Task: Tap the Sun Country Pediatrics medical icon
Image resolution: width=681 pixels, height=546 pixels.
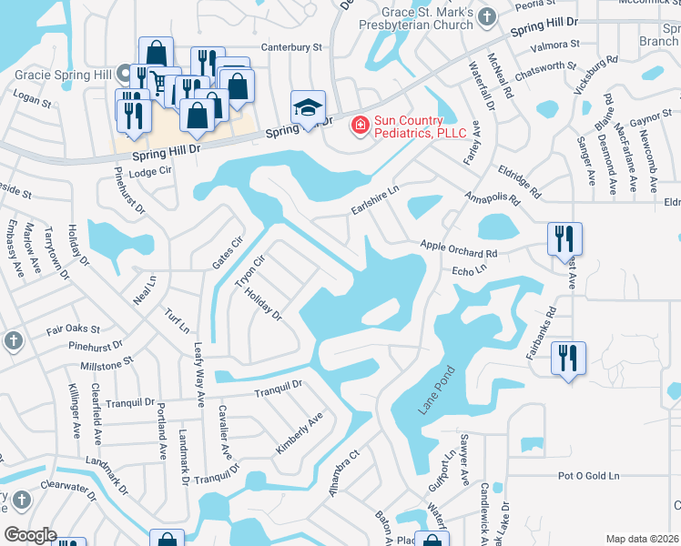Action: coord(361,125)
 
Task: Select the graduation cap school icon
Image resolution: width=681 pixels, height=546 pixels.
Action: coord(308,107)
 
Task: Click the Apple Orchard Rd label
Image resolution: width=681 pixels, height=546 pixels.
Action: coord(459,245)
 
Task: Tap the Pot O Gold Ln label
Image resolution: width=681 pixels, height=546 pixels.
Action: coord(588,476)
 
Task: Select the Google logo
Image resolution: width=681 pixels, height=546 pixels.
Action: coord(30,535)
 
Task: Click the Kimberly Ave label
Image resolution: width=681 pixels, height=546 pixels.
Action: coord(300,434)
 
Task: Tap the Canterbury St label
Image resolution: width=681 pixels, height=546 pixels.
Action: coord(292,45)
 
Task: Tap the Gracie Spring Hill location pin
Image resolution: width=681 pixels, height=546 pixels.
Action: coord(125,73)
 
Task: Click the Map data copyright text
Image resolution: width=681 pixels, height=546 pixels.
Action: coord(643,539)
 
